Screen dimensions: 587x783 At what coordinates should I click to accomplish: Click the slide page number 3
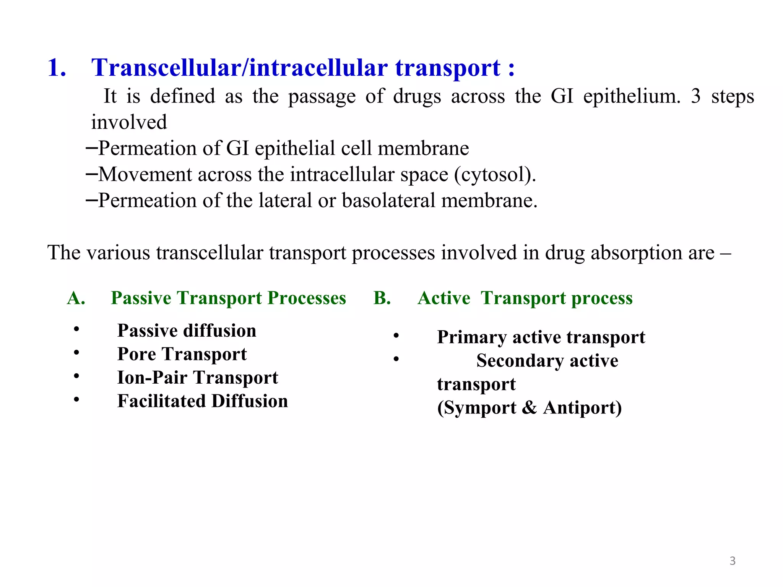(733, 561)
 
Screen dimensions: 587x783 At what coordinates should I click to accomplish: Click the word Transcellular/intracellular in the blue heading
(239, 68)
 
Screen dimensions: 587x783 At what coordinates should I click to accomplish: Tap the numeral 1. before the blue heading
(57, 68)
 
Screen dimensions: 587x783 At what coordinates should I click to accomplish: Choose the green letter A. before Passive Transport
(76, 298)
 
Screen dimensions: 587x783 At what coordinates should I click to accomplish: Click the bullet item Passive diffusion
(187, 331)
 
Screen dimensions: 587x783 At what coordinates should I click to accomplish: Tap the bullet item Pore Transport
(182, 354)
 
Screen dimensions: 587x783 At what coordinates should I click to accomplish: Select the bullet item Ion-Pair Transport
(198, 378)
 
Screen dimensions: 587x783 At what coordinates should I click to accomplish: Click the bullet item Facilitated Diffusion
(203, 401)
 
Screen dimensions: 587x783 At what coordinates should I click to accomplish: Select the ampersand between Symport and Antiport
(530, 408)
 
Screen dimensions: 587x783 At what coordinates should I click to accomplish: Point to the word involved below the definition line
(129, 122)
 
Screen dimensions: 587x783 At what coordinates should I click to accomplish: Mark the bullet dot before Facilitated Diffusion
(77, 400)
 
